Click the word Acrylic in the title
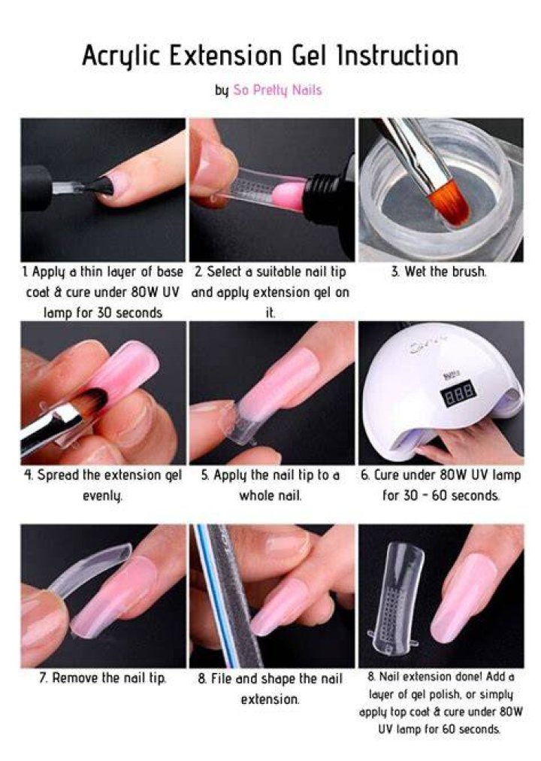pos(121,56)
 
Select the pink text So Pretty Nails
pos(278,90)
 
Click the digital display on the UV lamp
pos(458,394)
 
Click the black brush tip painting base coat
pos(101,186)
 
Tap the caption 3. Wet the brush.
pos(439,271)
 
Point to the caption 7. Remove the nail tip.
pos(102,678)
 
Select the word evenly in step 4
pos(102,496)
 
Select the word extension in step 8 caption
pos(270,699)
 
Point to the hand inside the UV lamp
pos(468,441)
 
